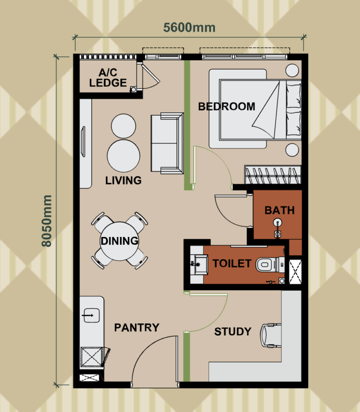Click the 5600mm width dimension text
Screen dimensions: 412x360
pos(189,27)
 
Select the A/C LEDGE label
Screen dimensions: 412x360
pos(108,78)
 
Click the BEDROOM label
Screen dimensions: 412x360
pos(226,106)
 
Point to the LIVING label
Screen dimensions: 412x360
pos(123,180)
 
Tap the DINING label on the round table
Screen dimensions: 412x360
pos(119,241)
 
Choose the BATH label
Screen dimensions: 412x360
pos(279,210)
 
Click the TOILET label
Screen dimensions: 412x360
pos(232,263)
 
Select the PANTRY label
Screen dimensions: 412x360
pos(136,327)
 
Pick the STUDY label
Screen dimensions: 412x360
pos(232,331)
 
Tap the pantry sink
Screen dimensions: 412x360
pos(91,316)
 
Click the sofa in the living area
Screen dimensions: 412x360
pos(166,143)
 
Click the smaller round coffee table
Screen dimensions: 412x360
pos(124,126)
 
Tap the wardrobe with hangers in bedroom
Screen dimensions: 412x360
pos(272,175)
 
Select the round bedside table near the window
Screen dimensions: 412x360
pos(292,70)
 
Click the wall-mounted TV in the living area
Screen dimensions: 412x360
pos(83,142)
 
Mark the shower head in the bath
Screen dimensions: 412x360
pos(278,223)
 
